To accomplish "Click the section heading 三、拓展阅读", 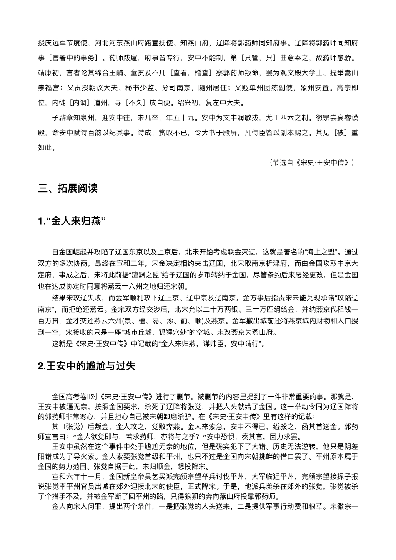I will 68,188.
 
